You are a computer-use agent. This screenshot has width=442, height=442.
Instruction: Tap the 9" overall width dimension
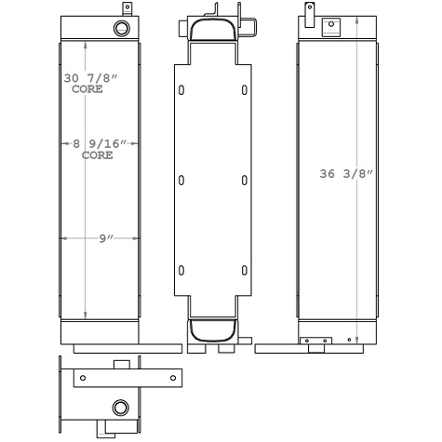pos(106,238)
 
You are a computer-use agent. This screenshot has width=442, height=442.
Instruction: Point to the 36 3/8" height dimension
pos(345,174)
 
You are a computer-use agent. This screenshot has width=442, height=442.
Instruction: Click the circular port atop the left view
pos(121,30)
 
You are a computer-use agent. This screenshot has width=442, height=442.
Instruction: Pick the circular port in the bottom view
pos(120,407)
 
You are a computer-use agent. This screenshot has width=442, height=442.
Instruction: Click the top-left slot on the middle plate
pos(181,90)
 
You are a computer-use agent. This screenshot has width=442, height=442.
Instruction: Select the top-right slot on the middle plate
pos(244,90)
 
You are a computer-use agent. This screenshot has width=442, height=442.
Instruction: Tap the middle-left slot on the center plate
pos(181,181)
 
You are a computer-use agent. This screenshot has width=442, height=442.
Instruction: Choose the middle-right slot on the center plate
pos(244,181)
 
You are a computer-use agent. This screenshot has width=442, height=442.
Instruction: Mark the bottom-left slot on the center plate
pos(181,271)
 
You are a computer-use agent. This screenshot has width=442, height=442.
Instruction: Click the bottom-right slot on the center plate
pos(244,271)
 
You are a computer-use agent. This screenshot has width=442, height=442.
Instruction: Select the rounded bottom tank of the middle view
pos(212,329)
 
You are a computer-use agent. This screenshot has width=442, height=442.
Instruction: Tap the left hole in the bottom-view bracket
pos(83,378)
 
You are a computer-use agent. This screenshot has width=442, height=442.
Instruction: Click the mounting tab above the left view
pos(120,8)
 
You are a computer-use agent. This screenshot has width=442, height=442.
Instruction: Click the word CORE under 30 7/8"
pos(87,90)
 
